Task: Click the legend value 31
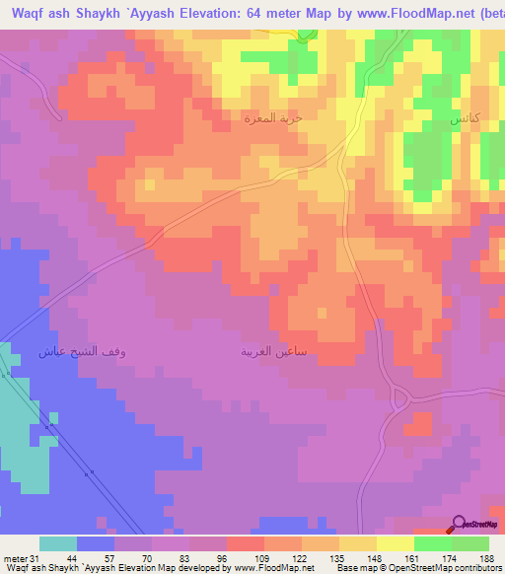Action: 36,558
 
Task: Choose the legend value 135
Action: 338,558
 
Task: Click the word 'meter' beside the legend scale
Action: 14,558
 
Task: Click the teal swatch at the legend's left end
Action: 57,543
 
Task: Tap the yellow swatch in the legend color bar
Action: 395,543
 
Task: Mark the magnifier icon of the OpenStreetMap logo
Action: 458,523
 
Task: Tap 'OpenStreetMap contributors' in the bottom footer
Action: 449,569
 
